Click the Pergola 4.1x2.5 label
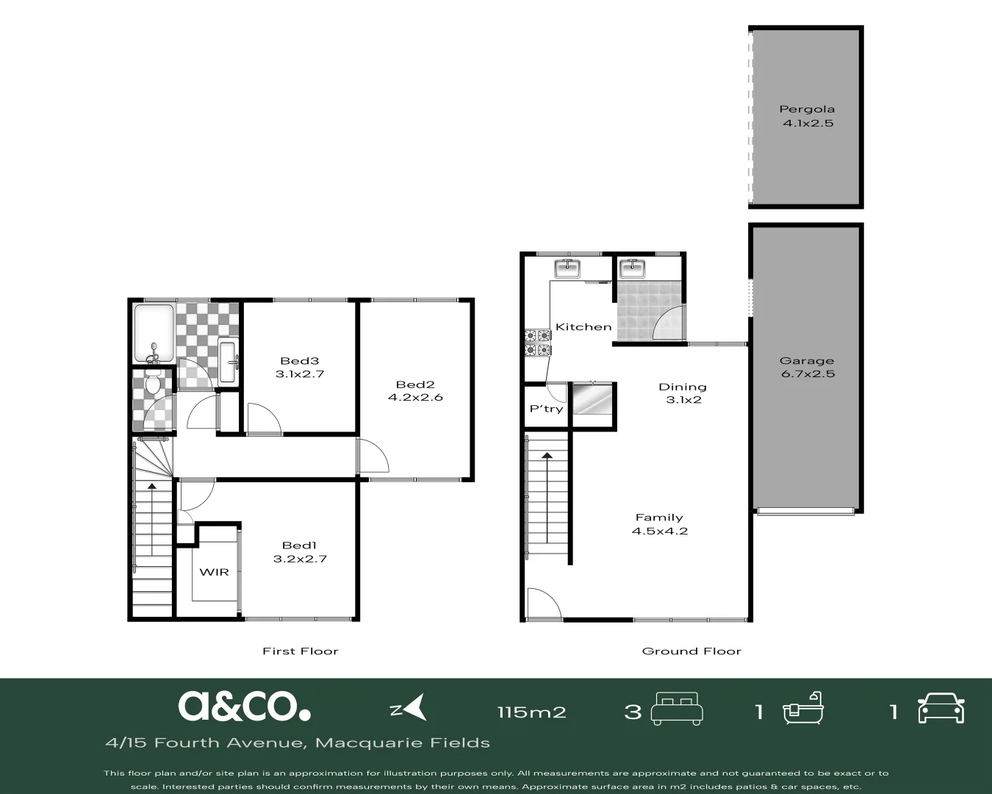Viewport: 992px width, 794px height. click(x=807, y=116)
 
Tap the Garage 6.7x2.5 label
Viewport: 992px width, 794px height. click(x=807, y=367)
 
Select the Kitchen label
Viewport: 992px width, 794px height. click(x=583, y=326)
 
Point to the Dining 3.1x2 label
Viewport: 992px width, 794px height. click(x=683, y=393)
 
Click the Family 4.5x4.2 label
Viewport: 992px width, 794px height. click(x=659, y=524)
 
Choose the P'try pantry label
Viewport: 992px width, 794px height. click(x=546, y=409)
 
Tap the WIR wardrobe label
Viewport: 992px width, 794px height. click(x=214, y=572)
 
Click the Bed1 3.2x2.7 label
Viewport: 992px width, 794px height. click(x=300, y=551)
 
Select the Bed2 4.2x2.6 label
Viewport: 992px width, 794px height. click(x=415, y=390)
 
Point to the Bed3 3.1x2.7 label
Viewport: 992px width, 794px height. click(x=300, y=367)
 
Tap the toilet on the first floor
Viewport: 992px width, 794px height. click(x=153, y=383)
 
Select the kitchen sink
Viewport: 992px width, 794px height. click(x=567, y=269)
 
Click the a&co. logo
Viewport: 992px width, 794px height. click(x=244, y=707)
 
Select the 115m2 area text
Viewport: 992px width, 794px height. click(x=531, y=712)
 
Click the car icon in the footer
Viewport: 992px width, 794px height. click(x=941, y=709)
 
